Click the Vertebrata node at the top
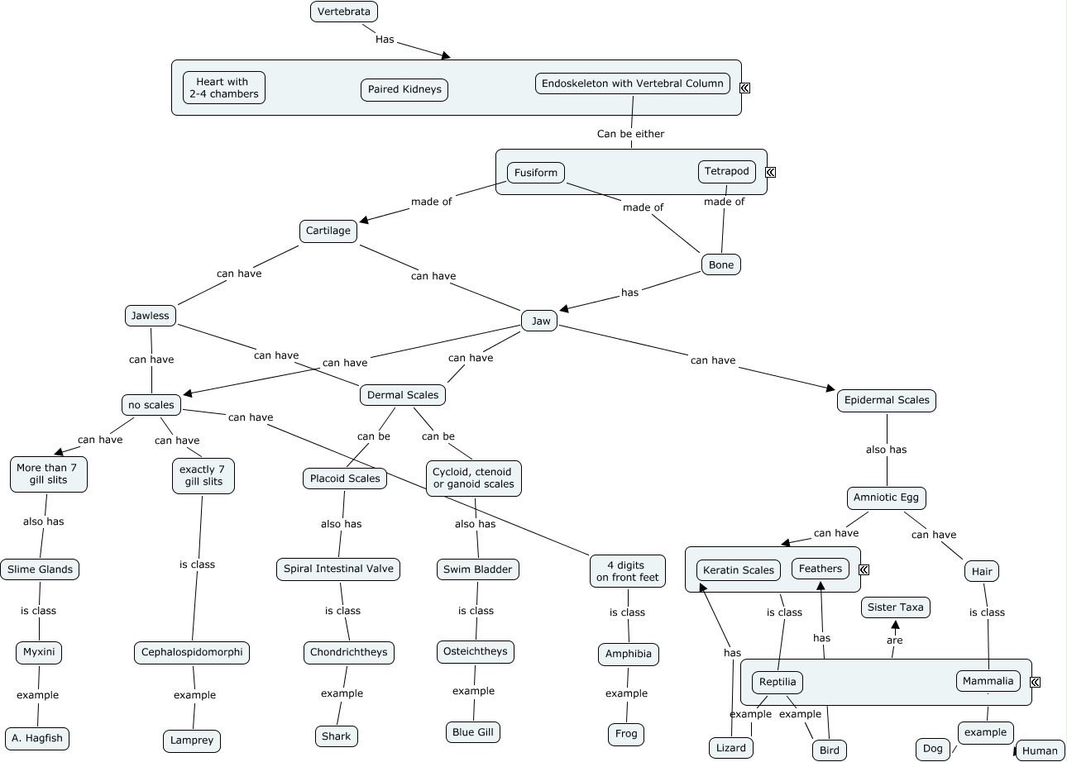click(x=345, y=12)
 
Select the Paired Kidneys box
click(x=404, y=89)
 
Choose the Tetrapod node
click(x=727, y=172)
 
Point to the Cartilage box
click(x=328, y=231)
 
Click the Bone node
click(x=721, y=264)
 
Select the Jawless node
click(x=151, y=315)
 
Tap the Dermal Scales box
click(x=403, y=395)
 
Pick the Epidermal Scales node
click(x=887, y=400)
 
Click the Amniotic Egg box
click(x=887, y=498)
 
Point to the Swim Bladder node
click(x=478, y=569)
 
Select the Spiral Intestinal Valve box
click(x=339, y=569)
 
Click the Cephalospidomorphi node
click(x=192, y=652)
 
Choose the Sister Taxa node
click(x=895, y=607)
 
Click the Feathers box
click(x=821, y=569)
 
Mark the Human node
click(x=1040, y=750)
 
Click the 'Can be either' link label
click(x=630, y=134)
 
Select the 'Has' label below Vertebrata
click(x=385, y=39)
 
